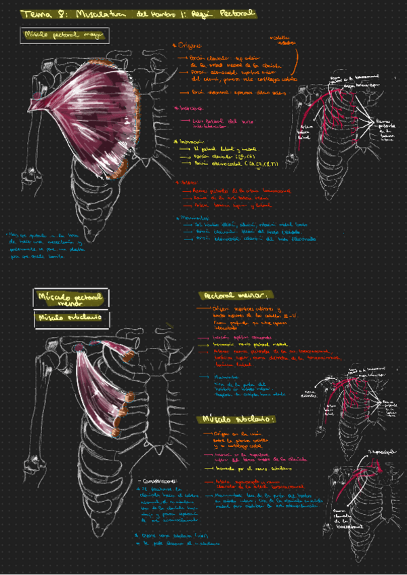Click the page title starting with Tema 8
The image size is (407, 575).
click(x=139, y=13)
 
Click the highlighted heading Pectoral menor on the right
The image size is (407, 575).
click(x=234, y=296)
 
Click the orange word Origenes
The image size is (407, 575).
click(x=190, y=46)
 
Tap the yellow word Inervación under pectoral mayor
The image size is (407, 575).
click(x=192, y=141)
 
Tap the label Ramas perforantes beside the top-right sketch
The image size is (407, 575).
click(x=385, y=130)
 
